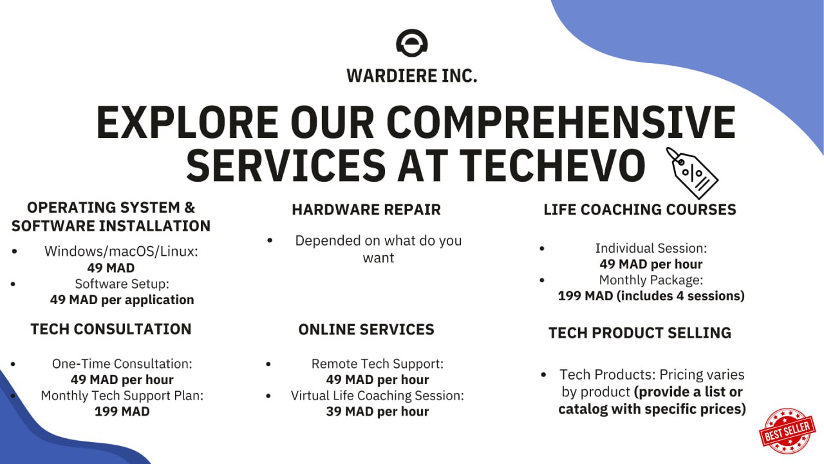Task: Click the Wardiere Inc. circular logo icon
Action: tap(412, 43)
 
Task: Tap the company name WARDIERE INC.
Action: tap(412, 75)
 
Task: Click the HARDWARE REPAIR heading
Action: tap(366, 209)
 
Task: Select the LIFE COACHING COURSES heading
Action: tap(640, 209)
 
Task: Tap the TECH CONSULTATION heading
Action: tap(111, 329)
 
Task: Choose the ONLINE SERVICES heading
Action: tap(366, 329)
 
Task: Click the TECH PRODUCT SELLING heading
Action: tap(640, 333)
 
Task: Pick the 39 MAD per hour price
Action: tap(377, 412)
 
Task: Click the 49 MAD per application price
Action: tap(122, 300)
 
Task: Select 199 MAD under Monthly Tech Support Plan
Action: tap(122, 411)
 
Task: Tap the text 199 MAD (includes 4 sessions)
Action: tap(651, 296)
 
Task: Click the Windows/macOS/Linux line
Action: tap(121, 251)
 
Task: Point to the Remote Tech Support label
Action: tap(377, 363)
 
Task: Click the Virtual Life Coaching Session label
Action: tap(377, 396)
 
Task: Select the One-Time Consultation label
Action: tap(122, 363)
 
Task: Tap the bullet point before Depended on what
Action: tap(270, 240)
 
